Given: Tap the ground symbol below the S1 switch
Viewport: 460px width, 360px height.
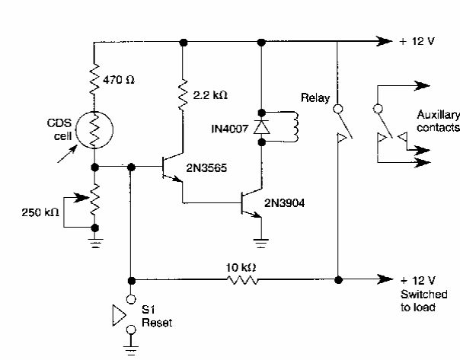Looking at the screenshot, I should click(x=131, y=347).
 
